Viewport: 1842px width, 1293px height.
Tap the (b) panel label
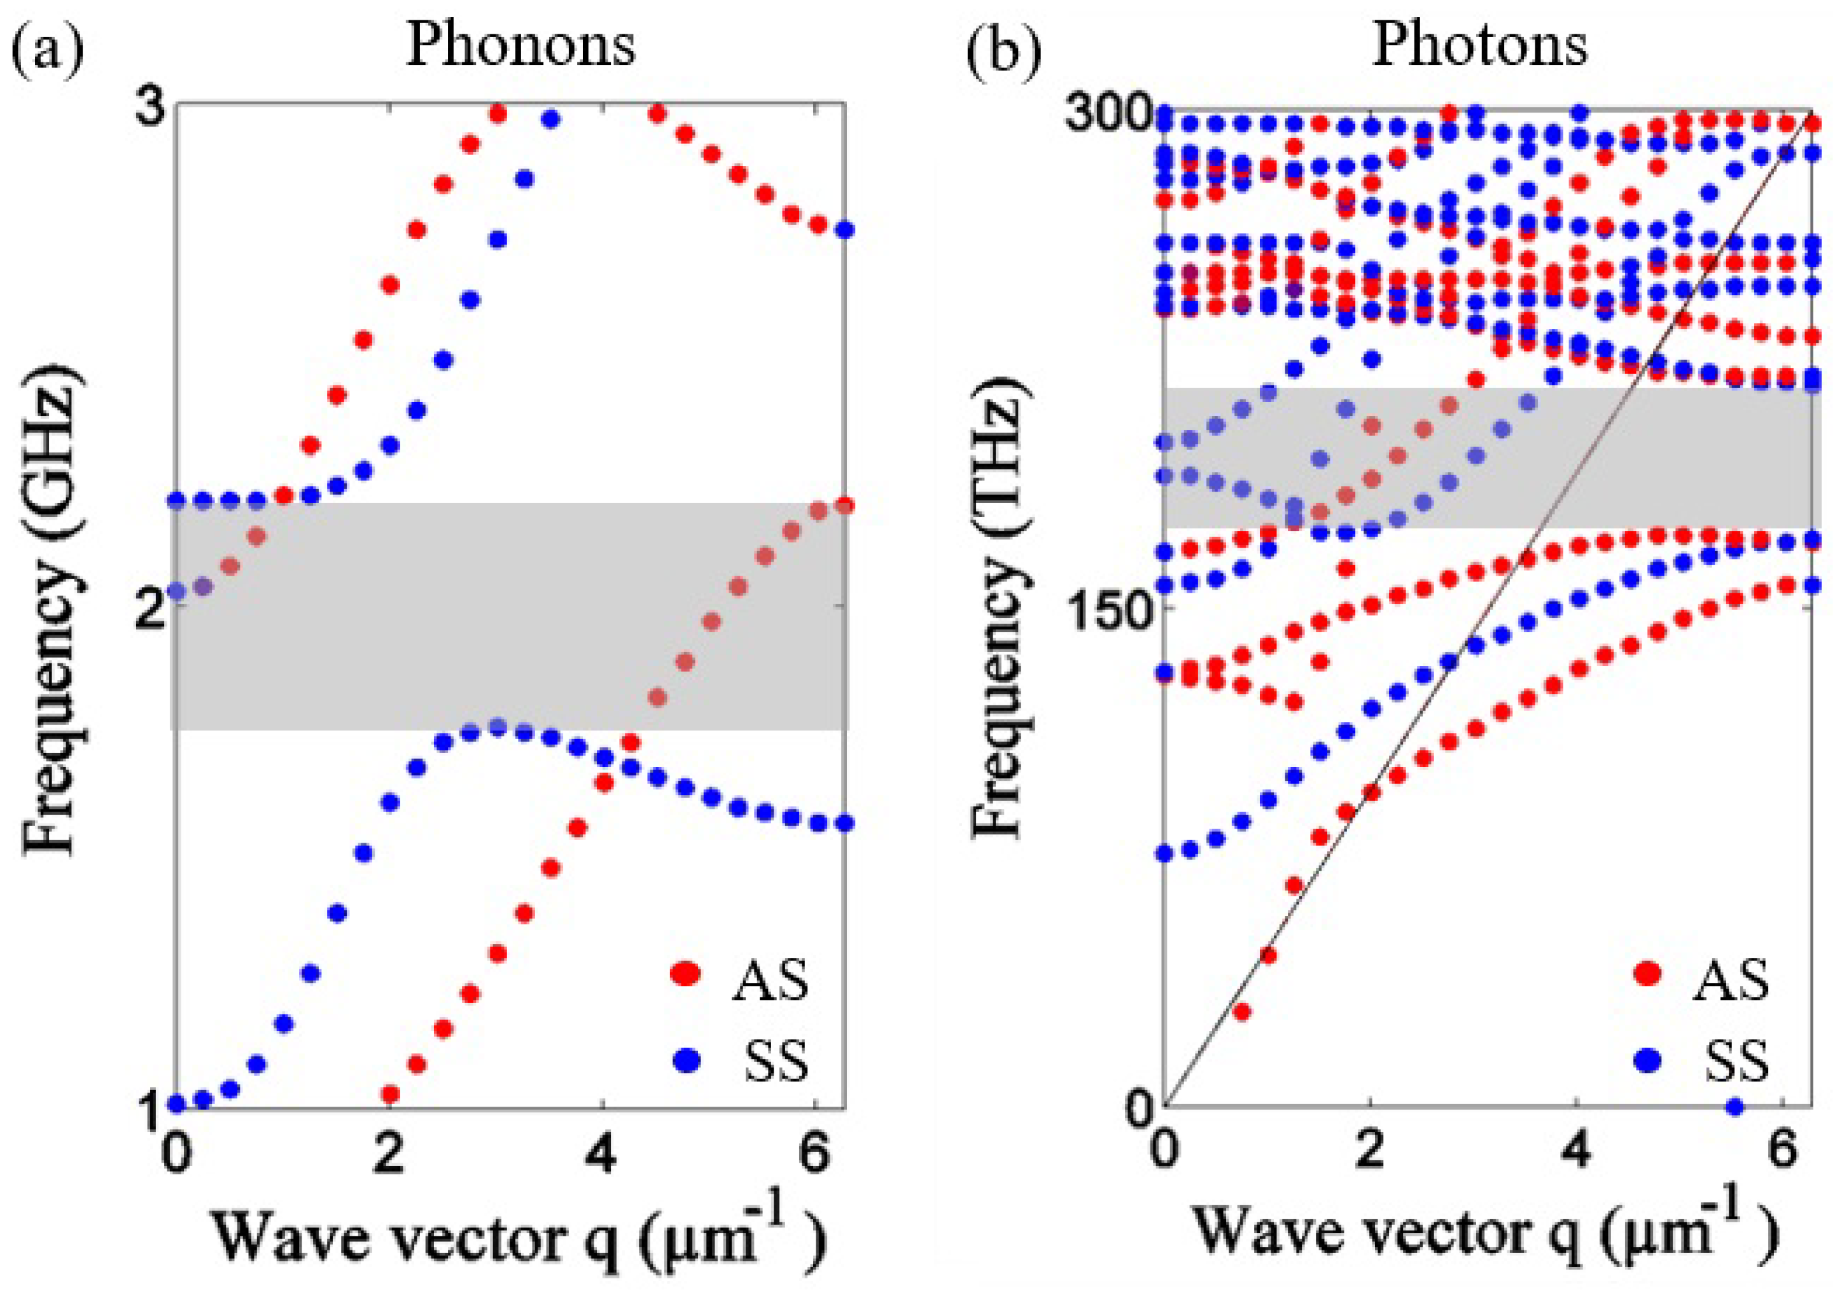coord(1003,50)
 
